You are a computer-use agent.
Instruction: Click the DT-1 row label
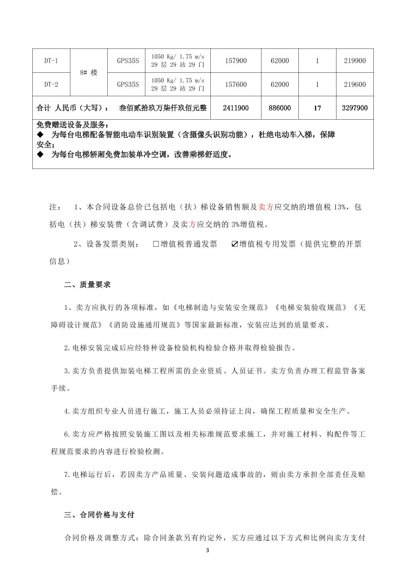tap(51, 61)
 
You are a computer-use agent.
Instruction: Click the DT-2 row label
tap(51, 84)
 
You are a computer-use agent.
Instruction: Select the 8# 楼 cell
tap(88, 72)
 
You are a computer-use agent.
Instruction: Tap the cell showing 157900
tap(236, 61)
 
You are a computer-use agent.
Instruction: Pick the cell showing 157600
tap(236, 84)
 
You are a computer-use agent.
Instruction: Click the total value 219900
tap(355, 61)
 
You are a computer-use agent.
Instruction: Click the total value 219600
tap(355, 84)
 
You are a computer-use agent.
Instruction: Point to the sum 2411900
tap(236, 108)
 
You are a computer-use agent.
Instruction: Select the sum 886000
tap(280, 108)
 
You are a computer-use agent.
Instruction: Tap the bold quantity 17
tap(317, 108)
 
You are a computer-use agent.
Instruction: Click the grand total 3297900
tap(355, 108)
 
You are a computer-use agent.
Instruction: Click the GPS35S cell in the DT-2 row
tap(128, 84)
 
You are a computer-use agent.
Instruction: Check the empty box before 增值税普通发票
tap(156, 244)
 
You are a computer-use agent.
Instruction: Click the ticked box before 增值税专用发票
tap(235, 244)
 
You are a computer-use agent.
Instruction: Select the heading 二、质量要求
tap(87, 285)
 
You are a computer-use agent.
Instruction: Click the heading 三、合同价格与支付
tap(99, 515)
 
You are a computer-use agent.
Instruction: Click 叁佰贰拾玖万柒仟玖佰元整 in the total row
tap(163, 108)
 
